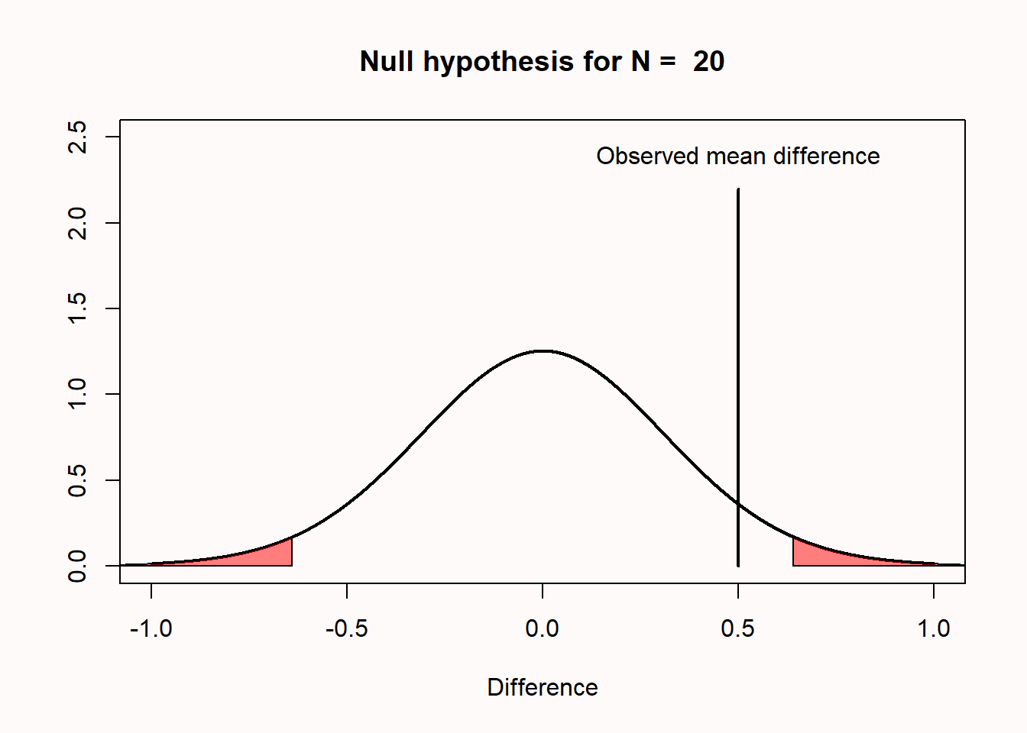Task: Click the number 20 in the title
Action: (x=708, y=61)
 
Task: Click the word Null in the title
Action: (x=387, y=60)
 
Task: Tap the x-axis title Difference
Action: (x=543, y=687)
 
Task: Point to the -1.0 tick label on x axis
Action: (x=151, y=628)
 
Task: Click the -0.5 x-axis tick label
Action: (x=347, y=628)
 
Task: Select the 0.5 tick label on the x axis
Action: (x=737, y=628)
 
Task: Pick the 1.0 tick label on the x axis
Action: (x=934, y=628)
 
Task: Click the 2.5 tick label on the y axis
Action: (x=77, y=137)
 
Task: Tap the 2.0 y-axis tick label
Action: (x=77, y=223)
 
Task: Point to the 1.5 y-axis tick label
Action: (x=77, y=308)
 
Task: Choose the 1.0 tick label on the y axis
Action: (x=77, y=394)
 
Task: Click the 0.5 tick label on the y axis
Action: (x=77, y=480)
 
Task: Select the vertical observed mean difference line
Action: (x=738, y=377)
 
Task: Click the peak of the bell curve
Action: (x=543, y=351)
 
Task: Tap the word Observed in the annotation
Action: (x=647, y=157)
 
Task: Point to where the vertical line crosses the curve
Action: (x=738, y=503)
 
